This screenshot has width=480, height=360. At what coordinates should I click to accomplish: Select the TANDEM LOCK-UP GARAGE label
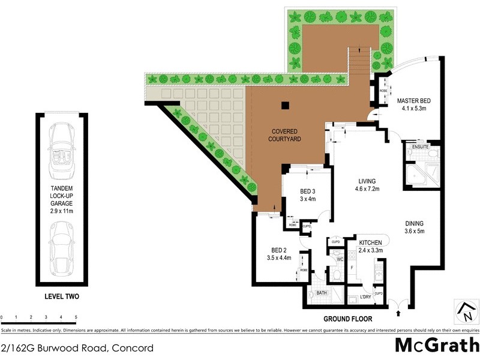tap(62, 199)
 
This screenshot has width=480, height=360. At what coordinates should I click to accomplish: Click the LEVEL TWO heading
tap(62, 296)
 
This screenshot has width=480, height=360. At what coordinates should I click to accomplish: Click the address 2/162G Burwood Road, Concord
tap(77, 347)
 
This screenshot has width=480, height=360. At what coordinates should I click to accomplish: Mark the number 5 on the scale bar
tap(76, 316)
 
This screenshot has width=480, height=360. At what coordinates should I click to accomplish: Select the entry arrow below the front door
tap(398, 313)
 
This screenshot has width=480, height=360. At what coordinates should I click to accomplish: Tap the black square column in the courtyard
tap(285, 106)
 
